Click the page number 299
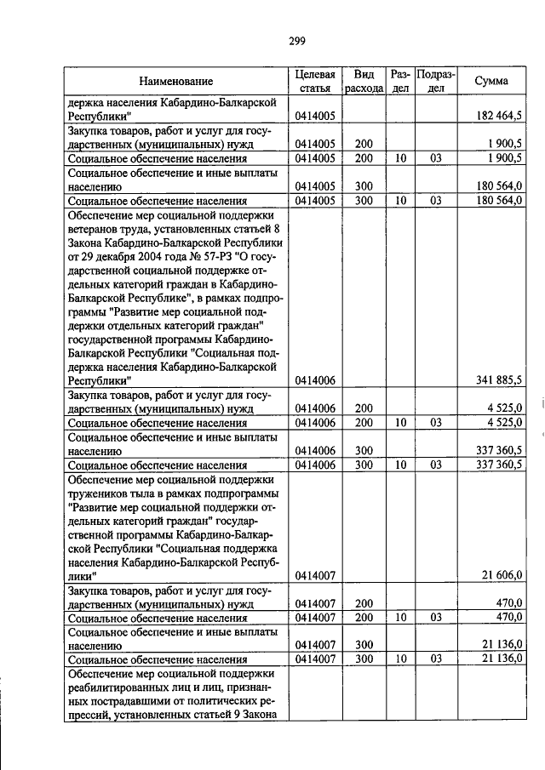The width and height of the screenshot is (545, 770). (x=296, y=41)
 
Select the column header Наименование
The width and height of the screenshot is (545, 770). (x=176, y=82)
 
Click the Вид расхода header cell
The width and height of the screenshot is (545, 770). (x=364, y=82)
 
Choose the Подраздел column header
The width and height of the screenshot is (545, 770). (x=435, y=82)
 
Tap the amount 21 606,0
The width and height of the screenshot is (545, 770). (x=507, y=576)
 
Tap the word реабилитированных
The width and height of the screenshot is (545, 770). (x=124, y=689)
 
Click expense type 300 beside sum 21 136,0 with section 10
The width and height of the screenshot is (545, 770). (x=364, y=659)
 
